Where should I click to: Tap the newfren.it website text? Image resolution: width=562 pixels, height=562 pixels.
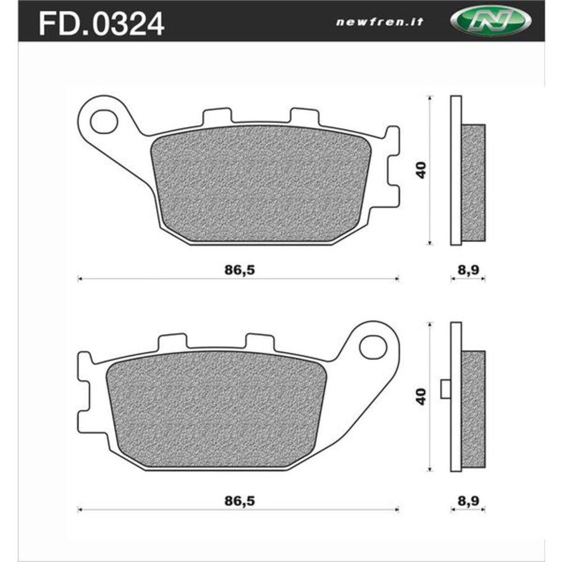380,22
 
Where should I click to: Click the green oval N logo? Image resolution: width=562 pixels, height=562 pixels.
490,22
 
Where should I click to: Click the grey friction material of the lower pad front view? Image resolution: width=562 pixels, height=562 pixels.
216,407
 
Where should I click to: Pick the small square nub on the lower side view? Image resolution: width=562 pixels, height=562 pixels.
446,389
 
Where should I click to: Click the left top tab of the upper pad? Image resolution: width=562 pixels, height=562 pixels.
216,116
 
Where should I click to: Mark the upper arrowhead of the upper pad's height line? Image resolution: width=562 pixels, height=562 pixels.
430,98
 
